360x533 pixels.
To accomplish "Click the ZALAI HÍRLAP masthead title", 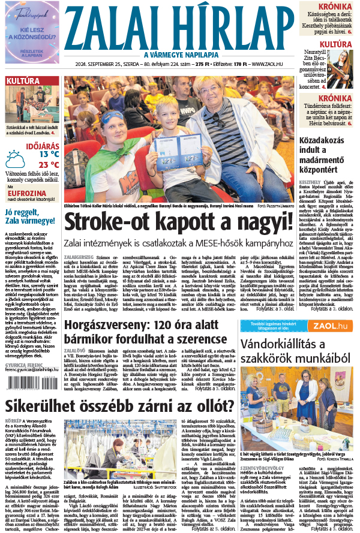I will point(180,28).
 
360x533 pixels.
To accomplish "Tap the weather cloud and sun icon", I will point(16,159).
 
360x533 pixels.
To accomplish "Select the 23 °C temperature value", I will point(49,165).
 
